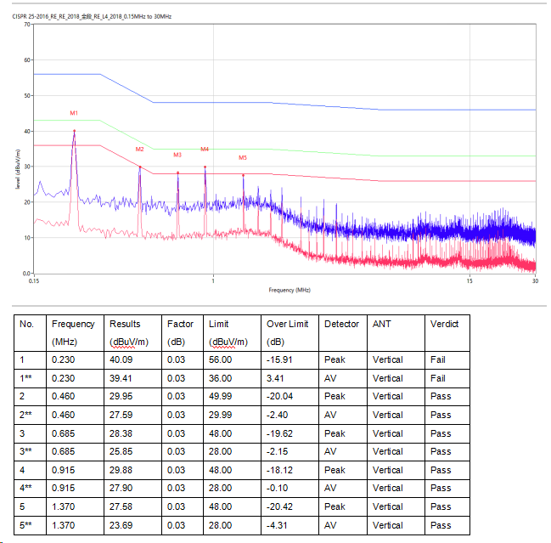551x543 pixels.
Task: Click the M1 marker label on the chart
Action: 74,112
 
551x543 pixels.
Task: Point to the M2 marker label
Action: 139,149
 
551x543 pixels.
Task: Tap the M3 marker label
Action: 177,155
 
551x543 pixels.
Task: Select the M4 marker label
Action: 205,149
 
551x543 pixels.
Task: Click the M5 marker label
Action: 243,157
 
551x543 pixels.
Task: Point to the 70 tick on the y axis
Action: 27,25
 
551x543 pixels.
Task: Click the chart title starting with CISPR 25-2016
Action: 92,17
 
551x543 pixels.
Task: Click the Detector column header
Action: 342,324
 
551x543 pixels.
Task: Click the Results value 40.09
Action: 121,359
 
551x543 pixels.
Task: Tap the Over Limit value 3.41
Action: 276,378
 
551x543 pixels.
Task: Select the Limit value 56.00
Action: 221,359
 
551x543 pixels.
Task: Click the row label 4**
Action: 28,489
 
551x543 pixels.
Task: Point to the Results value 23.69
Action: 121,525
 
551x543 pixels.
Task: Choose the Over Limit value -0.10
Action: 278,489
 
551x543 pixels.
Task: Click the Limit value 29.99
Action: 221,415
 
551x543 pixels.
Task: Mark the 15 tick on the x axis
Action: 469,281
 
